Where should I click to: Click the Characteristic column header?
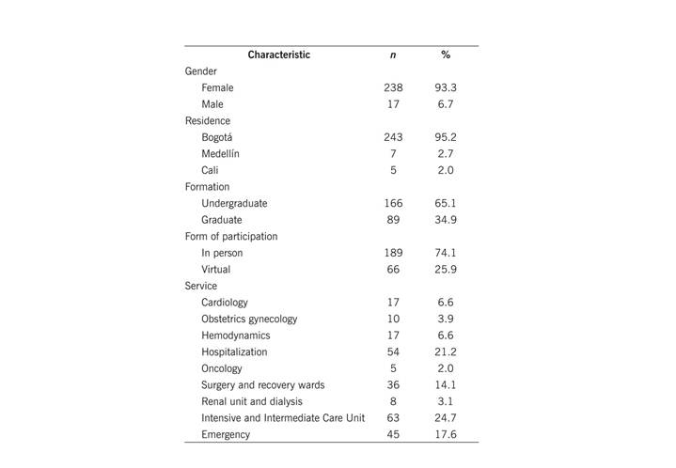click(278, 55)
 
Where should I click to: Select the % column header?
click(446, 55)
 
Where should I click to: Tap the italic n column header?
click(392, 55)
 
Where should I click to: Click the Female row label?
click(217, 87)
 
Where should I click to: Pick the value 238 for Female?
click(393, 87)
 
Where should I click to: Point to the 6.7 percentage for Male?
click(446, 104)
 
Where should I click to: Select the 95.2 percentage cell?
click(446, 137)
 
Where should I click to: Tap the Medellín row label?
click(221, 154)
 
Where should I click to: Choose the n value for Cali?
click(393, 170)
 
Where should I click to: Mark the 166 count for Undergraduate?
click(393, 203)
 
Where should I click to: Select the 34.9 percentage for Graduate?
click(446, 220)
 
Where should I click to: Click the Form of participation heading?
click(231, 236)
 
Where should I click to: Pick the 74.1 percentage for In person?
click(446, 253)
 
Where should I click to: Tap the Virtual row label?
click(216, 270)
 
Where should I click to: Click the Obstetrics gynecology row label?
click(249, 319)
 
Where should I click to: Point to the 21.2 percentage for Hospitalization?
click(446, 351)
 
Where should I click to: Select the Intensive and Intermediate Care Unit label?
click(282, 417)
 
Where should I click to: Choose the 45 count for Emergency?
click(393, 434)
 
